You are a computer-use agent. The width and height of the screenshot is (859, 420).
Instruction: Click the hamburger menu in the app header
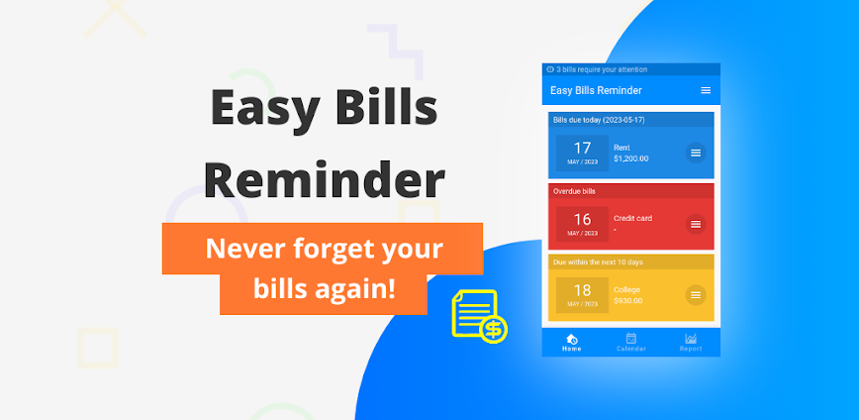(706, 90)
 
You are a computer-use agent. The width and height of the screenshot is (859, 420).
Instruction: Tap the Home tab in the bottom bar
(571, 342)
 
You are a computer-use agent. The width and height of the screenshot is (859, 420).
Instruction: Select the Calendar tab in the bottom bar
(630, 342)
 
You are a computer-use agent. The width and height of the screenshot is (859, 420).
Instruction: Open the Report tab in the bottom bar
(691, 342)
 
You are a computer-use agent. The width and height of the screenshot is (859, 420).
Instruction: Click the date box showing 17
(582, 153)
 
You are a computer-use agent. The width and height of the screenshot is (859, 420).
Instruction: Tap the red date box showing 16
(582, 224)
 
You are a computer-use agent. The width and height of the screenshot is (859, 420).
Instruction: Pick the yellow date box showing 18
(582, 294)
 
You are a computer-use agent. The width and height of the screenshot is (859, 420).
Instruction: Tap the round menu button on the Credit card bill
(696, 224)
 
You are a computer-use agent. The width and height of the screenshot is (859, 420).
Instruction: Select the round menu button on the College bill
(696, 294)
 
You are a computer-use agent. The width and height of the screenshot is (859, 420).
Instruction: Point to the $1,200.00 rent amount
(631, 158)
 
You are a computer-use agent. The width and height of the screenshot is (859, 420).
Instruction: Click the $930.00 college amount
(628, 300)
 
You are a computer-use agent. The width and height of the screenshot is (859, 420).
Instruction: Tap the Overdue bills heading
(575, 190)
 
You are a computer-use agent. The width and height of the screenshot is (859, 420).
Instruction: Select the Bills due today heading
(599, 119)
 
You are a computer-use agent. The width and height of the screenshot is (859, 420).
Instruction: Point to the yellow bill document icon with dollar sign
(479, 316)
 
